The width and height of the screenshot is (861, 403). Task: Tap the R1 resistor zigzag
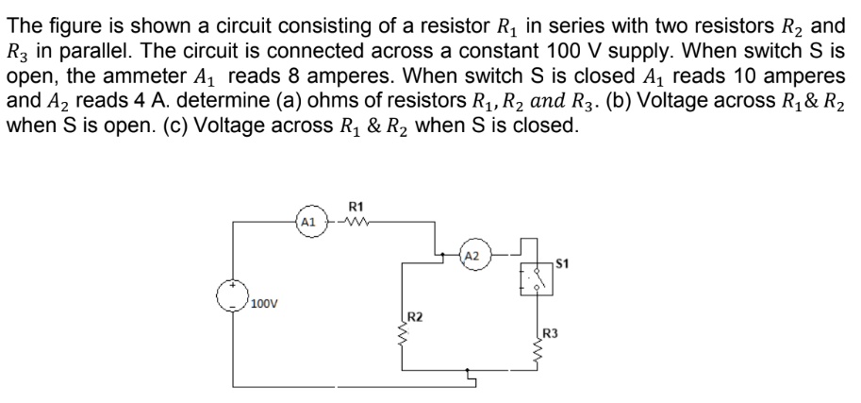[355, 225]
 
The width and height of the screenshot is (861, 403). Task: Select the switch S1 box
[536, 277]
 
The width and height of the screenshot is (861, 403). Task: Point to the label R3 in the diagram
[552, 332]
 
